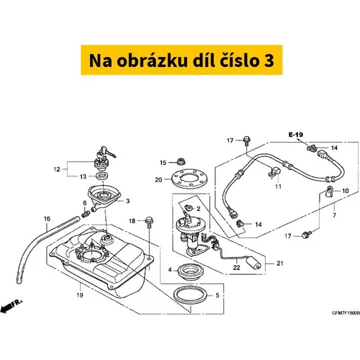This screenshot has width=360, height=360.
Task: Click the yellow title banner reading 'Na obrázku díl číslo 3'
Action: click(181, 60)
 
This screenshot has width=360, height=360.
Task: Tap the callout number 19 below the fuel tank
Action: click(80, 294)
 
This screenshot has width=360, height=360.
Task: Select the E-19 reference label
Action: click(296, 135)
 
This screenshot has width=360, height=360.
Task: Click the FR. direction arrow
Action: click(12, 305)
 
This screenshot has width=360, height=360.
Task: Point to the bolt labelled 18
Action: click(149, 222)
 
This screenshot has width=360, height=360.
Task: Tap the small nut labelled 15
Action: click(180, 161)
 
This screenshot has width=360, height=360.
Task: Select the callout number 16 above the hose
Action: click(47, 219)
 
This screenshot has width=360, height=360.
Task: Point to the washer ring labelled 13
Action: click(102, 176)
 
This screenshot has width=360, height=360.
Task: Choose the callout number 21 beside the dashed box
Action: click(280, 264)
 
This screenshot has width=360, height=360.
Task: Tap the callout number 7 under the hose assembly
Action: click(334, 215)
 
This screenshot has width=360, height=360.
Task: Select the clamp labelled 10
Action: click(328, 192)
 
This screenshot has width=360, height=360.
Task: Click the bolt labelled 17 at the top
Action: click(247, 140)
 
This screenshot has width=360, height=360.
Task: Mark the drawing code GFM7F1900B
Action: click(346, 313)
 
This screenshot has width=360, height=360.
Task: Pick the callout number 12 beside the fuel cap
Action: click(57, 169)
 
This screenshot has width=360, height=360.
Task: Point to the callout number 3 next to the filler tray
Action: click(128, 201)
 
